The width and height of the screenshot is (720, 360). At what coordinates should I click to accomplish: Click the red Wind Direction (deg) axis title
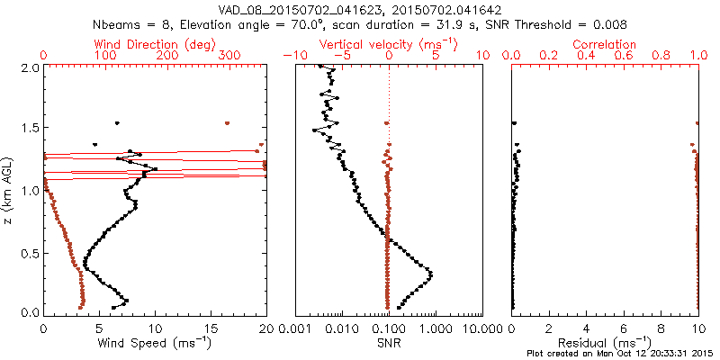(153, 44)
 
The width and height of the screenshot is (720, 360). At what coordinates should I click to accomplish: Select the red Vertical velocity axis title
(389, 44)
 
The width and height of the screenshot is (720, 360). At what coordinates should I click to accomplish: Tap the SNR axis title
(389, 342)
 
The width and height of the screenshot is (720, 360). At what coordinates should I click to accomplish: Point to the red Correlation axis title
(605, 44)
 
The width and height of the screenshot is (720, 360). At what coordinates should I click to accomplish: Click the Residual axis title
(605, 342)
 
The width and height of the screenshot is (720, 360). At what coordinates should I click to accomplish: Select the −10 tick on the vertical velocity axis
(295, 56)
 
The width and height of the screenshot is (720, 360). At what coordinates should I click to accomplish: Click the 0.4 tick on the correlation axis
(587, 56)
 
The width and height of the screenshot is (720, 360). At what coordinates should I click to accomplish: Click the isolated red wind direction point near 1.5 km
(228, 122)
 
